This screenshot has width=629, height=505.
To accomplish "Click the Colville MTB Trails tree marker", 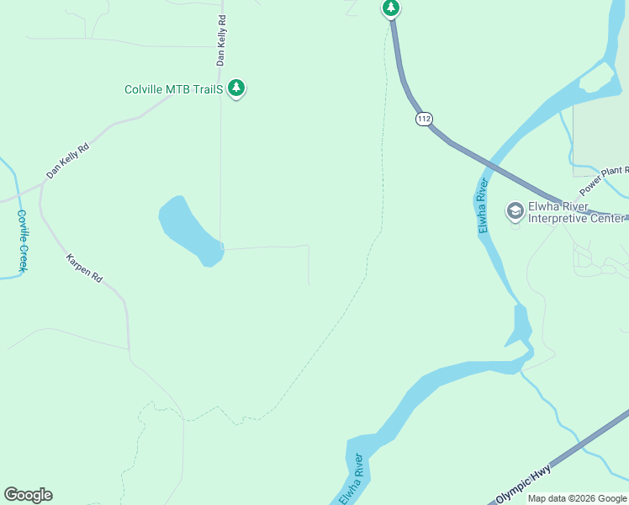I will point(237,88).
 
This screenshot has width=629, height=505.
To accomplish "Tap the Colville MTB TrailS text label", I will point(173,88).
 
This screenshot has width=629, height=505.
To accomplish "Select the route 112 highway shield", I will point(424,120).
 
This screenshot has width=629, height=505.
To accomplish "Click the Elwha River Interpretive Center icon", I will point(515,210).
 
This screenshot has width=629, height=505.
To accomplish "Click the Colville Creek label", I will point(23,241).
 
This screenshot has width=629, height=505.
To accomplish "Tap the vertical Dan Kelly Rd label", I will point(221,40).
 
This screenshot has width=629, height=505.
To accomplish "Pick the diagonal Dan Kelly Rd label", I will point(67,160).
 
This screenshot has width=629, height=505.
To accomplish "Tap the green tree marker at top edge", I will point(391,8).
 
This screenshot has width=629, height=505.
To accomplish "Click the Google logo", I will point(28,495).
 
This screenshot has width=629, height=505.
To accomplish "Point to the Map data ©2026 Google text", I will point(577,498).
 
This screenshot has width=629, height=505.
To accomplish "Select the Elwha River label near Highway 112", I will point(484,205).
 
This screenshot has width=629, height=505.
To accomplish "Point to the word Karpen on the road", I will point(78,259).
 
